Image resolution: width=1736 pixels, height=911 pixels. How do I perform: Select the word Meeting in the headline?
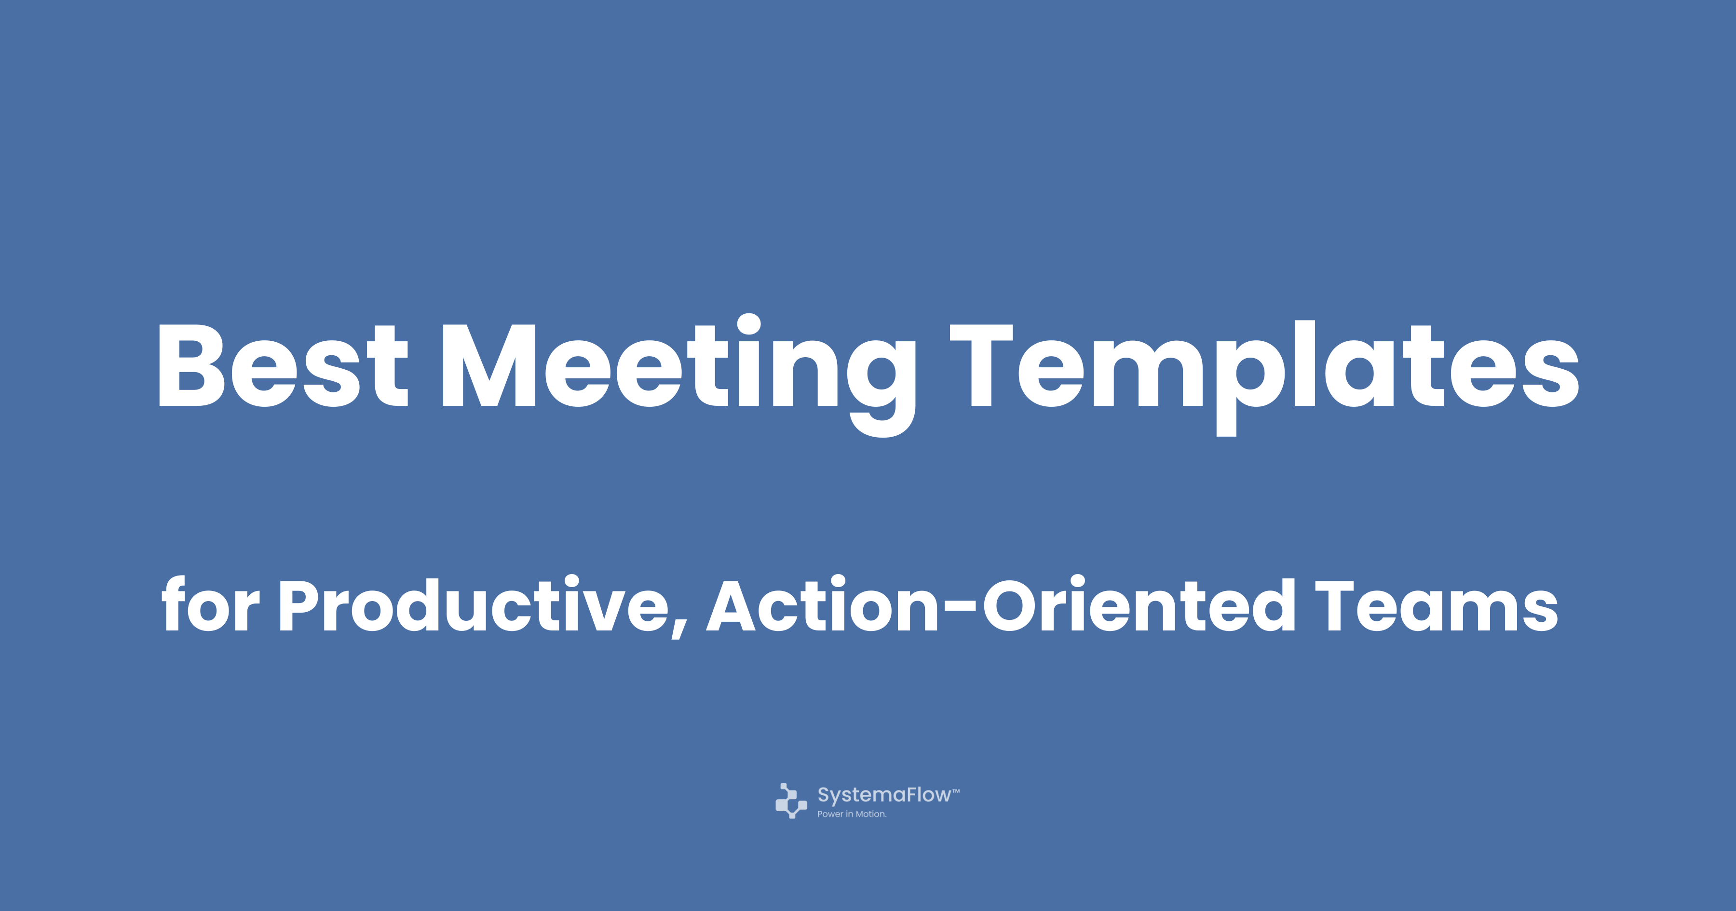click(678, 375)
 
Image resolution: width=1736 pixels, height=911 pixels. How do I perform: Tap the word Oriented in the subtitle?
click(1139, 604)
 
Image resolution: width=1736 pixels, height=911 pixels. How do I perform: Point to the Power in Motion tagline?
click(852, 814)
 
